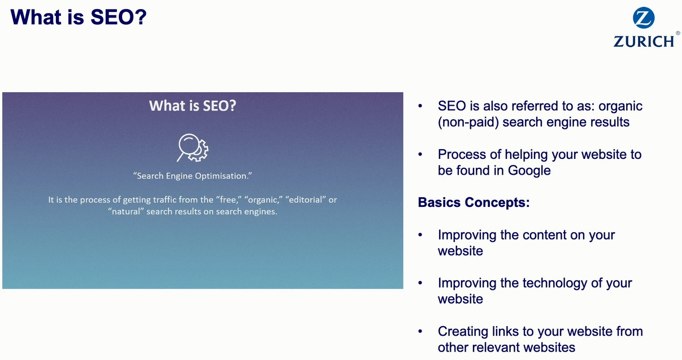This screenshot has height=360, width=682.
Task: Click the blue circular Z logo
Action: coord(644,18)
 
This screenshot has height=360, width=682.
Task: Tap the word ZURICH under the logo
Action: coord(644,42)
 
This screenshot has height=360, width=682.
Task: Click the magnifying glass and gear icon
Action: coord(193,148)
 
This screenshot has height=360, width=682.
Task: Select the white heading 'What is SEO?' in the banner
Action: coord(193,106)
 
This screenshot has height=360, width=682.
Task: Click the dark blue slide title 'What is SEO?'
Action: coord(79,17)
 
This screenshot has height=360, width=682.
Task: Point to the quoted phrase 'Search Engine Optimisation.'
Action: coord(193,176)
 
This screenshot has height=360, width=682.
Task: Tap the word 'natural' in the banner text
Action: coord(126,211)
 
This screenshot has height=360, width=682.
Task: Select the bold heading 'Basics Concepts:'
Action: coord(474,202)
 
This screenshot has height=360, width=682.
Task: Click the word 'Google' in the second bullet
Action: coord(529,170)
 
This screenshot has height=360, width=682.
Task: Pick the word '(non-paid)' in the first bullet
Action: coord(468,122)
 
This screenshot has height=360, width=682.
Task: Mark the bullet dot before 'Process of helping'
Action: coord(420,154)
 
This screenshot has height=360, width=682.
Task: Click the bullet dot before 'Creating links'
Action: coord(420,331)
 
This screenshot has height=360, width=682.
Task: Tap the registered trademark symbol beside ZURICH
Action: coord(677,33)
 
